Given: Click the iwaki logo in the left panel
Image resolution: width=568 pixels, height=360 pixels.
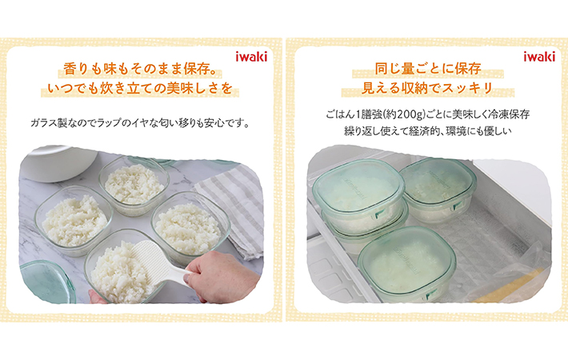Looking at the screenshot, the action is point(251,57).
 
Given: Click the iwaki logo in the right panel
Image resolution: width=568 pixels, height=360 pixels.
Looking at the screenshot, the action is point(539,57).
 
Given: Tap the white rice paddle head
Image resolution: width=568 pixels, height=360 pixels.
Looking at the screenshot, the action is point(152,260).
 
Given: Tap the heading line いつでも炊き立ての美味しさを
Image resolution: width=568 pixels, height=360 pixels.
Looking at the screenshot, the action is point(140,88).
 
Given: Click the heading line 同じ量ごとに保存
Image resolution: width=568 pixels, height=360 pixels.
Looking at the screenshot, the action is point(428,69).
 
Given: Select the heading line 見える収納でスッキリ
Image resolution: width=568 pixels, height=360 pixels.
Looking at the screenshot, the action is point(427,88).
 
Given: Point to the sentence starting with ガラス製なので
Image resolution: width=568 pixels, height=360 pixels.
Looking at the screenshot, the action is point(140,123).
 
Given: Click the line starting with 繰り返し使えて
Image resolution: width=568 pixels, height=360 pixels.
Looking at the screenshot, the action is point(427,131).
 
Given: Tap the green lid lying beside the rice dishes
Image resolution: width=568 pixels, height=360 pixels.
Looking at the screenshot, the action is point(46,282).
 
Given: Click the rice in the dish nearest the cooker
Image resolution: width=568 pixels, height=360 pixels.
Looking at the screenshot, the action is point(134,184).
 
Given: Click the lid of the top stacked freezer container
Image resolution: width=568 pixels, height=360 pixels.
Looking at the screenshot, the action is point(358,186).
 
